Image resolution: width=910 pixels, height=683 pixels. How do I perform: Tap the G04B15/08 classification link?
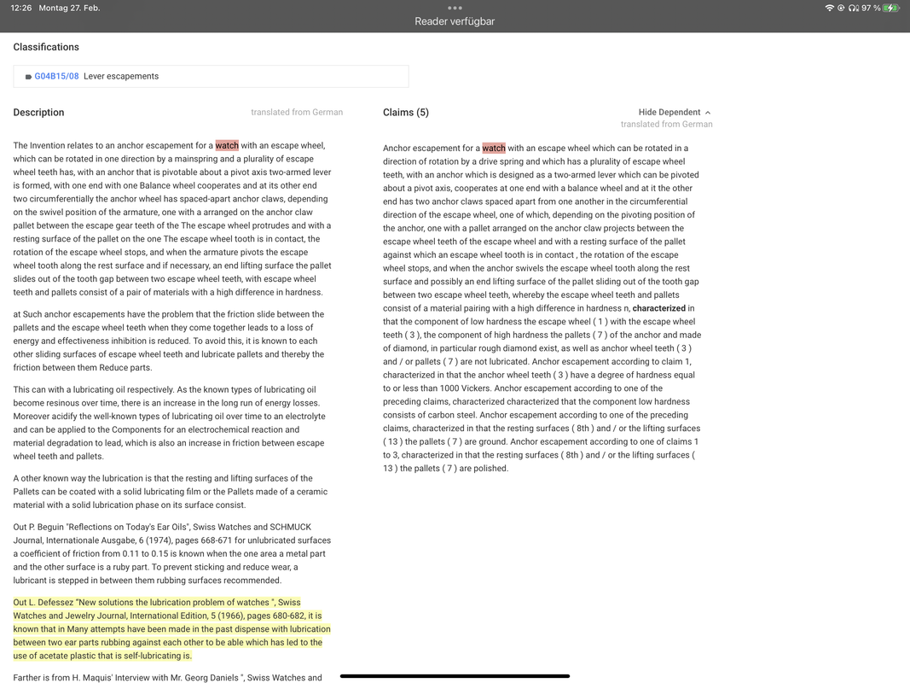click(x=56, y=76)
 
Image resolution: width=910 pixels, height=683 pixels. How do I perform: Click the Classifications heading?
click(x=46, y=47)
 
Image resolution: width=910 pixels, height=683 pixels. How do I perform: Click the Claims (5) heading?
click(x=406, y=112)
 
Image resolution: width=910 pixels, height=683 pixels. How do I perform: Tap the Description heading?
click(x=38, y=112)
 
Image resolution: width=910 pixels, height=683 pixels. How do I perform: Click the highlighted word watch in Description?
click(x=227, y=145)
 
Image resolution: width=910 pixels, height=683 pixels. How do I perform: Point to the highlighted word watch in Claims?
click(x=494, y=148)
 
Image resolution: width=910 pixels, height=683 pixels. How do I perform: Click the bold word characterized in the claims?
click(x=659, y=308)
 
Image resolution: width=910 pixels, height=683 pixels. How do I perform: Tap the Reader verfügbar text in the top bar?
click(x=455, y=21)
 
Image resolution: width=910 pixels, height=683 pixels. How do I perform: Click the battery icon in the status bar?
click(x=891, y=8)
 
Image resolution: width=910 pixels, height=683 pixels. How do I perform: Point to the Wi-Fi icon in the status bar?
click(x=829, y=8)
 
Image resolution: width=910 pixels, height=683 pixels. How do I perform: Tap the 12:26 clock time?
click(x=21, y=8)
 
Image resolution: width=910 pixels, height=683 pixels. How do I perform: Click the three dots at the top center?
click(x=455, y=8)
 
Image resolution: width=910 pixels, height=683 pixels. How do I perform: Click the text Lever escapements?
click(x=121, y=76)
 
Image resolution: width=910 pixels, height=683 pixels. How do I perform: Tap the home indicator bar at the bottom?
click(x=455, y=676)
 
